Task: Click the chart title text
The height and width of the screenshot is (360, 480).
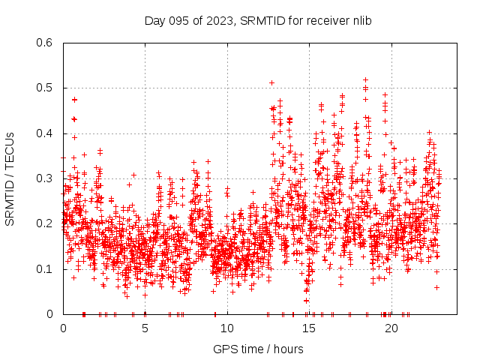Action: pos(258,19)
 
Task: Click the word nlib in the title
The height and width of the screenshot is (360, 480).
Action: pos(361,19)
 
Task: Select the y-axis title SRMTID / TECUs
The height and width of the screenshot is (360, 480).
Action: pos(10,178)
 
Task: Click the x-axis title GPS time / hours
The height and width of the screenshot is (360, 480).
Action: pos(258,349)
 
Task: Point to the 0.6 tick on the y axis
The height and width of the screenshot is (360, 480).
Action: pos(45,43)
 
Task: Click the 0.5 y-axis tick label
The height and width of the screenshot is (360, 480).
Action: pos(45,88)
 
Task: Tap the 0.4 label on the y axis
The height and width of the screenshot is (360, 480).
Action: pos(45,133)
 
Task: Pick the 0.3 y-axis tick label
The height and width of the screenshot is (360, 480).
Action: pos(45,178)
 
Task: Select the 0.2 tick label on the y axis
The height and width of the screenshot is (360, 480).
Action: pos(45,223)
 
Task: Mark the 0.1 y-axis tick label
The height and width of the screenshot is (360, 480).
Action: pos(45,268)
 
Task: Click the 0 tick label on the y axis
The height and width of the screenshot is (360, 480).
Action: pos(49,314)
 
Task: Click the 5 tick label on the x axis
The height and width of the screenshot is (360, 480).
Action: pos(145,328)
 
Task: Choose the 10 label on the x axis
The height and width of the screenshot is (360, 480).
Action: pos(226,328)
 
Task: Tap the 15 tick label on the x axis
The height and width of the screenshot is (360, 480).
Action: pos(309,328)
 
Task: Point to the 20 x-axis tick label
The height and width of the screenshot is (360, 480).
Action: pos(391,328)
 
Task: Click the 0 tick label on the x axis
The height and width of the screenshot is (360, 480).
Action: pos(63,328)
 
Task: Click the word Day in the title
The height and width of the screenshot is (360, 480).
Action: pos(154,19)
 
